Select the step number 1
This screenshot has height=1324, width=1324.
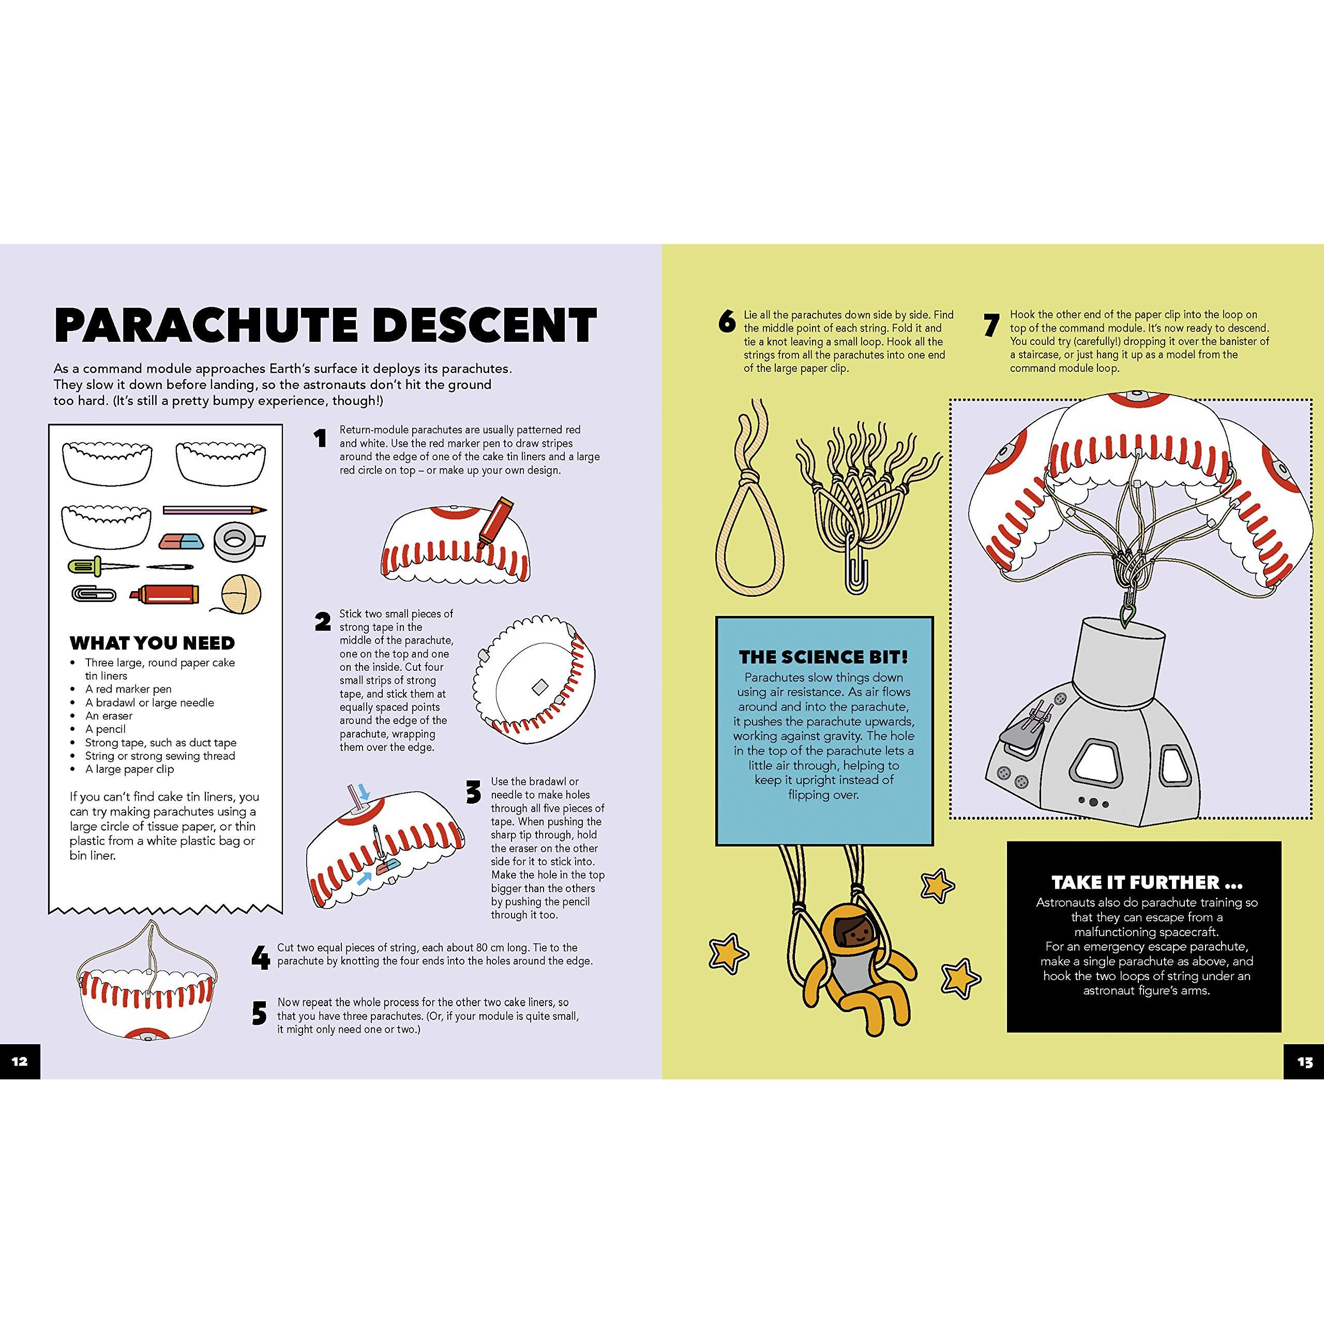(320, 438)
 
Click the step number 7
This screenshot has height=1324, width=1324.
(991, 325)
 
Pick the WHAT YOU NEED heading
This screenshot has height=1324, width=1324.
(152, 643)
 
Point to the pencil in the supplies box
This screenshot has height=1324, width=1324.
(215, 510)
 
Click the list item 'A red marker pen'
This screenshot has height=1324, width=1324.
(128, 689)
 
